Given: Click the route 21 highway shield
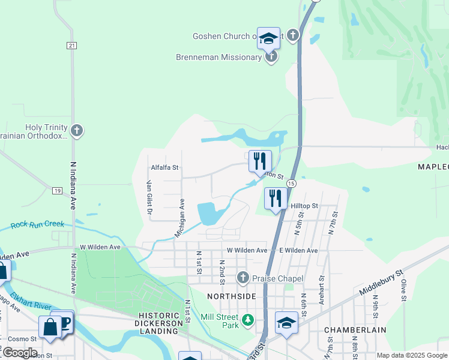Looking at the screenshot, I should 71,46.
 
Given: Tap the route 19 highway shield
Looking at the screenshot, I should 57,191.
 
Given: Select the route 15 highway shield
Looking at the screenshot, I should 291,183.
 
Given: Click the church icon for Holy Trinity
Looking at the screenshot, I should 76,131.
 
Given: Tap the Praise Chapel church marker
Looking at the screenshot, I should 243,278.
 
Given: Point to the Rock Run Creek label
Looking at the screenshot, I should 37,224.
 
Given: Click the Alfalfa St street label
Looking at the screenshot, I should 165,168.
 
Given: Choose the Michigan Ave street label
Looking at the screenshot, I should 178,218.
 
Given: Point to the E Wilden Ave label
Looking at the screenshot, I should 298,250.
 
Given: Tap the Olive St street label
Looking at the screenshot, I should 404,288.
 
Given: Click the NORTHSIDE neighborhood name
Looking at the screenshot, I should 232,297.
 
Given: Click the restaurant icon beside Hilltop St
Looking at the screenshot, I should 275,199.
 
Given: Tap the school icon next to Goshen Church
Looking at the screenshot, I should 268,38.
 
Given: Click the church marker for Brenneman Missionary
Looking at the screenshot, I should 271,57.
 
